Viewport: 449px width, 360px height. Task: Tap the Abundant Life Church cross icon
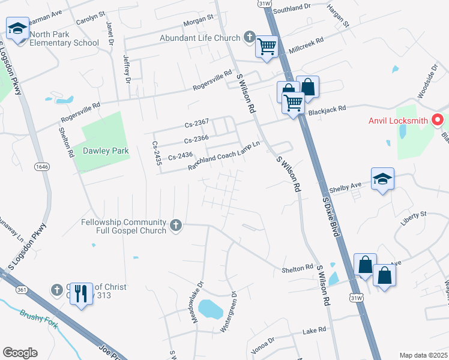click(x=250, y=38)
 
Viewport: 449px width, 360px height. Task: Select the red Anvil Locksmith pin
click(x=438, y=120)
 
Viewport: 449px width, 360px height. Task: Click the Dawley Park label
click(x=106, y=151)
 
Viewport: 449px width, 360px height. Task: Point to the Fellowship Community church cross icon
click(x=175, y=225)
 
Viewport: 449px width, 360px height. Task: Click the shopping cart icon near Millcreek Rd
click(x=267, y=46)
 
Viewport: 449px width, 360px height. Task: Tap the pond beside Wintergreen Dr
click(x=210, y=309)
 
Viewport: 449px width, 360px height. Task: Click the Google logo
click(x=20, y=353)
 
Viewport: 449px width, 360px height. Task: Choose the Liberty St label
click(x=414, y=214)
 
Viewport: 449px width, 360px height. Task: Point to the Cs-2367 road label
click(x=196, y=122)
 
